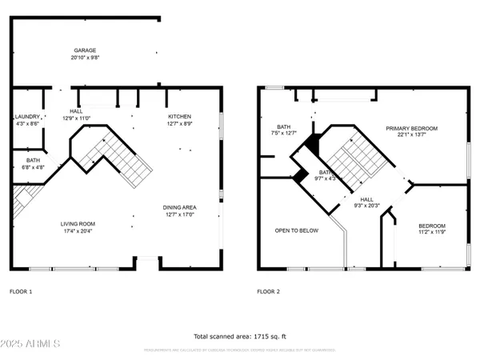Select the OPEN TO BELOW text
297,230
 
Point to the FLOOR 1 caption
21,291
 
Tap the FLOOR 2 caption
268,291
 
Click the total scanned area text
240,336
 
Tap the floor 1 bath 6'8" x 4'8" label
26,163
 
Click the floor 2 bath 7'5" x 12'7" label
284,130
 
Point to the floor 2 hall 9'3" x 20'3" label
367,202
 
